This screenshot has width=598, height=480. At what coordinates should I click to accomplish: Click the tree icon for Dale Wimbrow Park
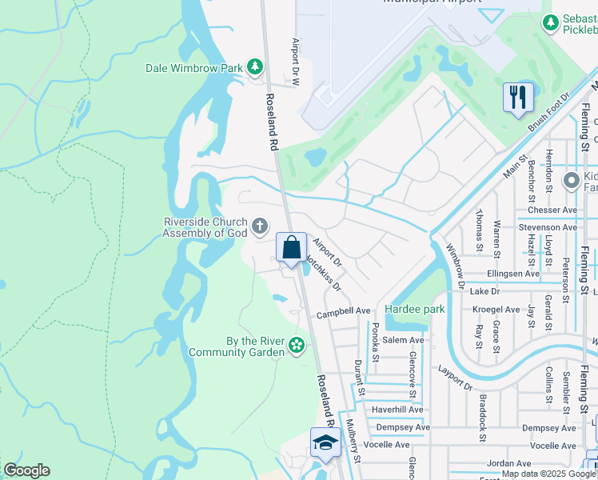[255, 67]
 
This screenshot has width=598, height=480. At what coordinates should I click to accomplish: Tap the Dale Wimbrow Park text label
[194, 68]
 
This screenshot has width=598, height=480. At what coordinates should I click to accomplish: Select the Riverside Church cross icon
[259, 227]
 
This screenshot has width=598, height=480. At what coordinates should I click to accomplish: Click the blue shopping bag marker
[292, 246]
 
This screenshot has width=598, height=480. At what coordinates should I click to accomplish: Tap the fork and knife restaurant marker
[518, 98]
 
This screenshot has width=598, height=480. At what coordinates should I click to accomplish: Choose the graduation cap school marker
[325, 442]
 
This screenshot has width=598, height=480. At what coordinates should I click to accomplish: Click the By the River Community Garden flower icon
[297, 346]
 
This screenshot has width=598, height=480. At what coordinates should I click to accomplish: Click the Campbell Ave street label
[344, 310]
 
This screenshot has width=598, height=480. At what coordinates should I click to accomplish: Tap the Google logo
[26, 470]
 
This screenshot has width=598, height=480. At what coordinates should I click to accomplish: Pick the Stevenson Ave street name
[548, 227]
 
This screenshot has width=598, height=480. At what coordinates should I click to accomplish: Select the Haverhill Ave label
[397, 410]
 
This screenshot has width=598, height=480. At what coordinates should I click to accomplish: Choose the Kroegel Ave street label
[496, 309]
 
